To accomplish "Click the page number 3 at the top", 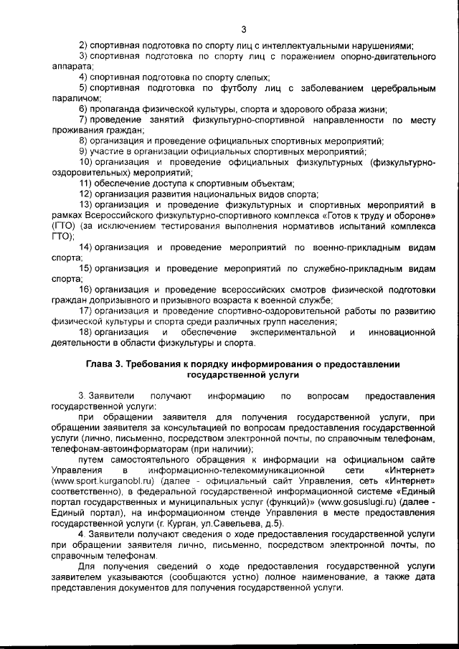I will (x=244, y=29).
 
